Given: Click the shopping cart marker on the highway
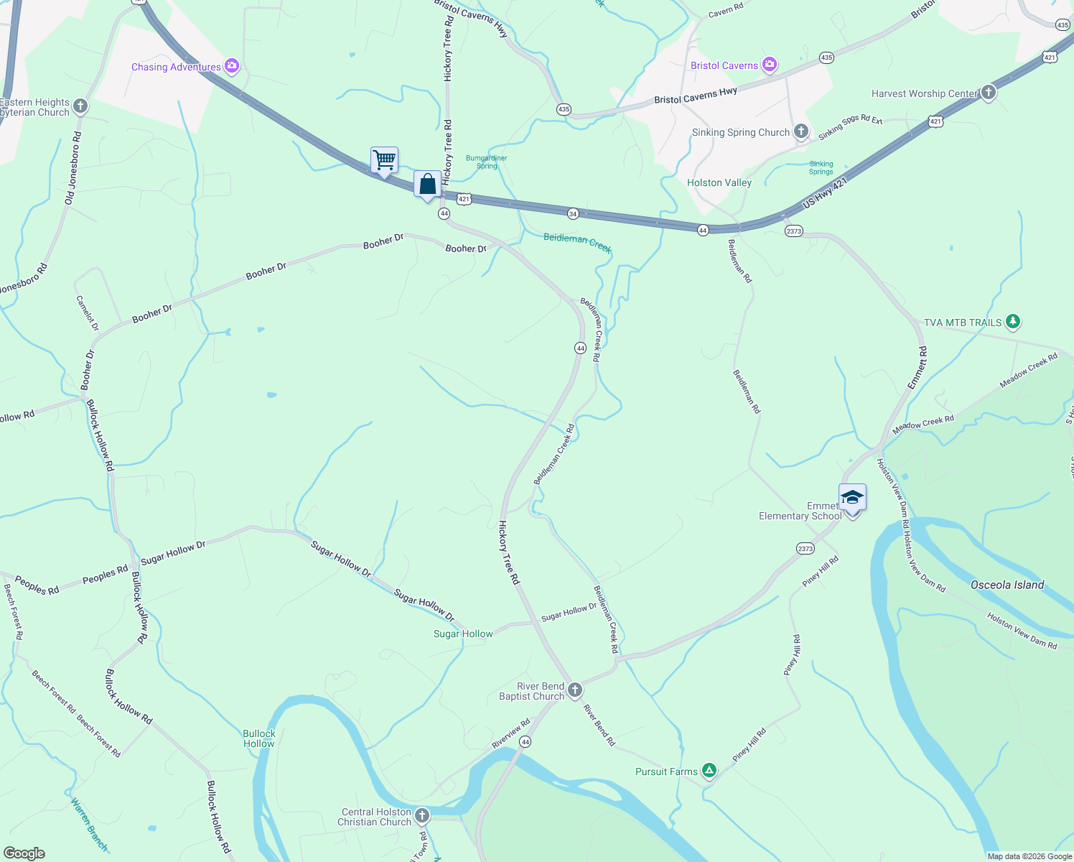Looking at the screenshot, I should coord(384,159).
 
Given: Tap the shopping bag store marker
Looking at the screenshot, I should coord(427,184).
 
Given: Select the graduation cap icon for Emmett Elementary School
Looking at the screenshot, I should coord(852,497).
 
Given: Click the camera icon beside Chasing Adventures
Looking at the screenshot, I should coord(231,66).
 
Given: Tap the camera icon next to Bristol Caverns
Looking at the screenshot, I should coord(770,65).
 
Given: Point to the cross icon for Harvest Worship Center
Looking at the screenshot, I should coord(988,92).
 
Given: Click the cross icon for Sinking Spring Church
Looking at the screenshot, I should coord(800,131).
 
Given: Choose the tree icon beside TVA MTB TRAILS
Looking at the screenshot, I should coord(1012,321).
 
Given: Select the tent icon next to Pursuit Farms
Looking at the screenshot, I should coord(709,771).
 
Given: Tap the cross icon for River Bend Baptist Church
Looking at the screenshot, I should coord(574,690).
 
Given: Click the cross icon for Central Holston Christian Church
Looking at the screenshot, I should coord(422,815).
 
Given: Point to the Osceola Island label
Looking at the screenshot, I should coord(1007,585).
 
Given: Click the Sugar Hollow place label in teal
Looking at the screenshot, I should coord(463,634).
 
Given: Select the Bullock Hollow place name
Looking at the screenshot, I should coord(258,738).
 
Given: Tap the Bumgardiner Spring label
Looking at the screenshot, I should coord(486,162).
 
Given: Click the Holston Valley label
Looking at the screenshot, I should coord(719,182).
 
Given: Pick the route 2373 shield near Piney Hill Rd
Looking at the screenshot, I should coord(805,549).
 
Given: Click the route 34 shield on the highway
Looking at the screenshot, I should coord(572,213).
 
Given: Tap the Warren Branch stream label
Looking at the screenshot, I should coord(89,824).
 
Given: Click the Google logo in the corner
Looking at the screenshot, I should coord(24,853).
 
